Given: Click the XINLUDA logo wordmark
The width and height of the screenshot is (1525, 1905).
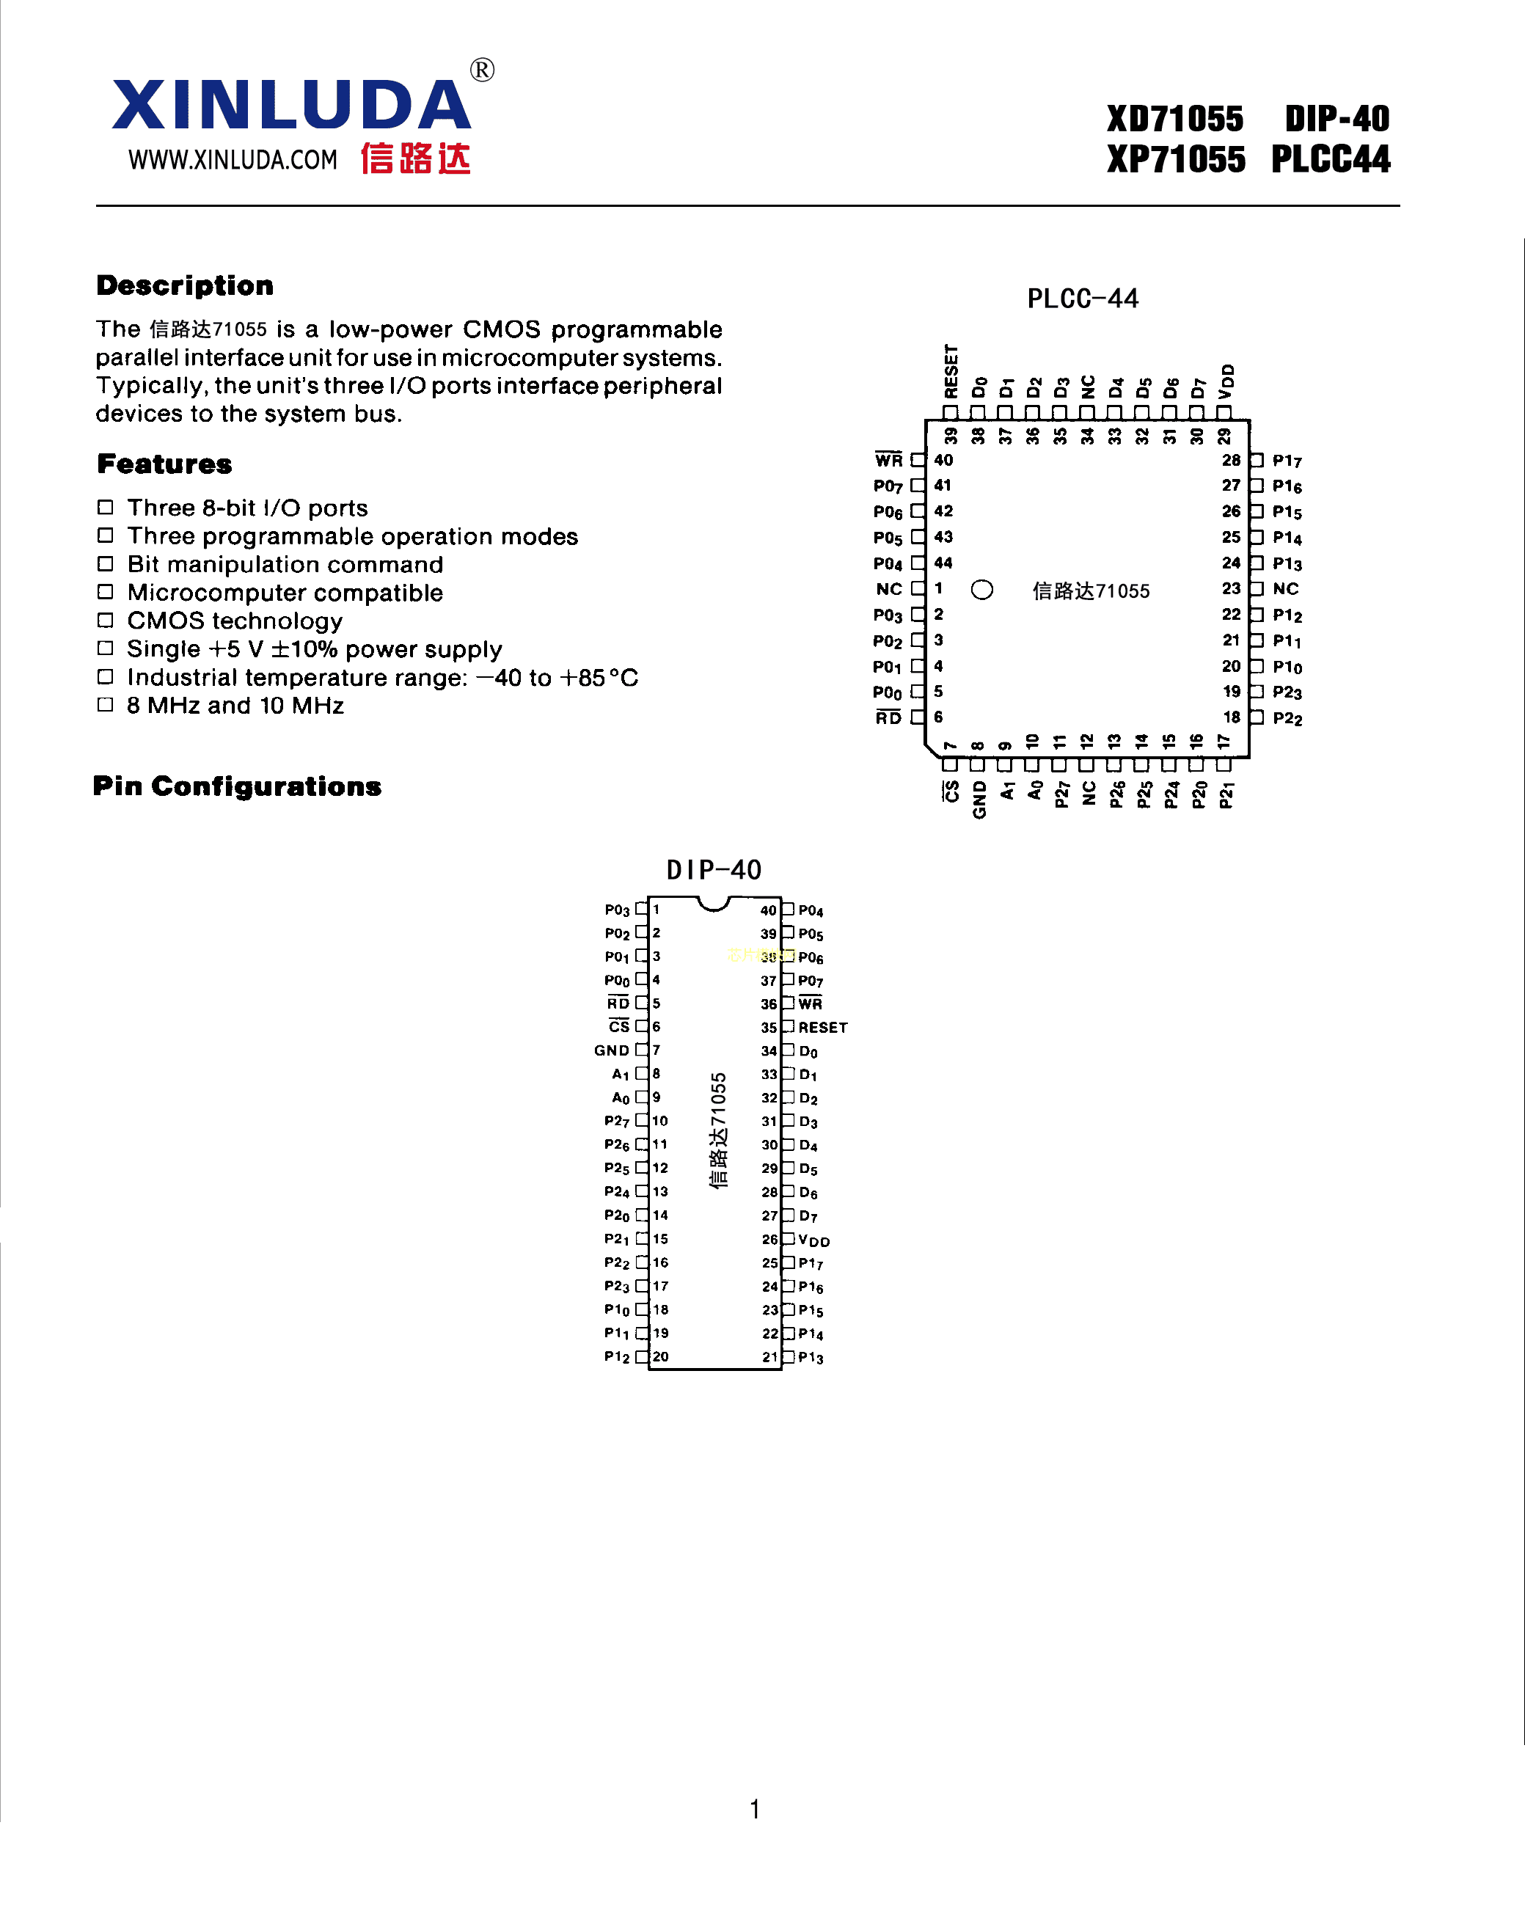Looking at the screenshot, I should pos(290,105).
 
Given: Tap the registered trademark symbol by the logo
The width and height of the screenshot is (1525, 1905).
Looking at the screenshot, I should pos(481,70).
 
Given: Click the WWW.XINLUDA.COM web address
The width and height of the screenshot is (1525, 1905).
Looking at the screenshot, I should pos(233,160).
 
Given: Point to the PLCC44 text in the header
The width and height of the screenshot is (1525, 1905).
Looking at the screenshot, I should pos(1330,160).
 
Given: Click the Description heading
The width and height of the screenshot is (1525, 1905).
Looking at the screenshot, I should pos(185,285).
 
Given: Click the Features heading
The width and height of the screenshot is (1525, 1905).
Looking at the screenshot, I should pos(164,464).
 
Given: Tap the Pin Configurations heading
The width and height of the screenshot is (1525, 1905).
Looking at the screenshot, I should pos(237,786).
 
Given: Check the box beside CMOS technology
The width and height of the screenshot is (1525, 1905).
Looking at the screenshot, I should pos(105,621).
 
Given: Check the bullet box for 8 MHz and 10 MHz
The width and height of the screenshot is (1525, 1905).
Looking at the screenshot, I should pos(105,704).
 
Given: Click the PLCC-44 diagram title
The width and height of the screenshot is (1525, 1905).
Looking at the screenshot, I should pos(1083,299).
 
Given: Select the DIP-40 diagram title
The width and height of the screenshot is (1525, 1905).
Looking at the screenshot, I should pos(713,870).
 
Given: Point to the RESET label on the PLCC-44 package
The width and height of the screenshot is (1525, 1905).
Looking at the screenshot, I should pos(951,371).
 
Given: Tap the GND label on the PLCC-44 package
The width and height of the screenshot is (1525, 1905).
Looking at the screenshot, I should pos(979,800).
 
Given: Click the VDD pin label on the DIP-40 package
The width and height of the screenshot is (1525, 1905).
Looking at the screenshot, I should pos(813,1240).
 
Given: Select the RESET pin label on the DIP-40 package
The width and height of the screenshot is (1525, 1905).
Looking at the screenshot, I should pos(822,1028).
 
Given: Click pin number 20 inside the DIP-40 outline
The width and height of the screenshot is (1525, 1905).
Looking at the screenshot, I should pos(660,1356).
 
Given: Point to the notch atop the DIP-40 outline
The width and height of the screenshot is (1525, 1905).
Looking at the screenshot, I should pos(713,903).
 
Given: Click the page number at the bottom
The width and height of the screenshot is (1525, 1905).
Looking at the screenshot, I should pos(755,1809).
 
